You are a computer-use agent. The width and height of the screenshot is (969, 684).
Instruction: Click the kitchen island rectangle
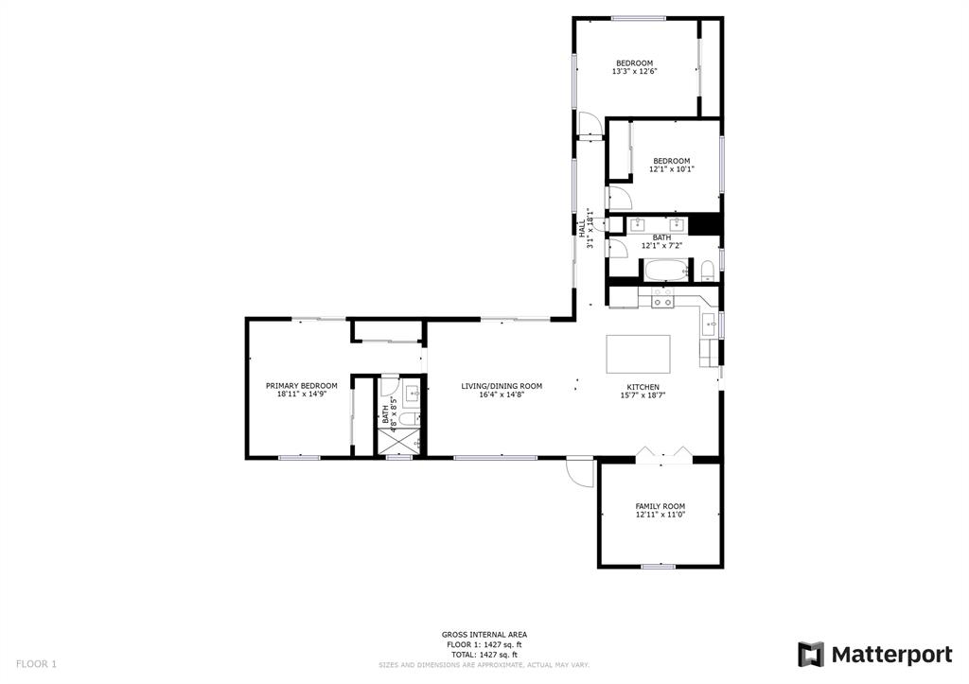coord(638,354)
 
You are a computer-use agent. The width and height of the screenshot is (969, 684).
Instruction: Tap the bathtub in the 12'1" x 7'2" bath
coord(667,270)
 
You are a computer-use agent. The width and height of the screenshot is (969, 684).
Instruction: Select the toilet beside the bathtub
coord(708,271)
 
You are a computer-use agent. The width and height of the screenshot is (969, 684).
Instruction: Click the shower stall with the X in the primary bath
coord(398,441)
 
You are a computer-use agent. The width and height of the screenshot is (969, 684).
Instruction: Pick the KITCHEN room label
coord(643,388)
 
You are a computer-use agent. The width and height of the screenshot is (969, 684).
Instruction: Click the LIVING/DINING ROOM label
coord(502,386)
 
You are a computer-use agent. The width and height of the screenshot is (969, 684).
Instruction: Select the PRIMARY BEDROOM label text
coord(302,386)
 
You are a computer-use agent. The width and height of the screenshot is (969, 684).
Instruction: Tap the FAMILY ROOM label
coord(660,507)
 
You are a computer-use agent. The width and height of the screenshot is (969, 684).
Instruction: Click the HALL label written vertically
coord(582,229)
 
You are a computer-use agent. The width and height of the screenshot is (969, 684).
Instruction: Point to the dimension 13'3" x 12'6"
coord(634,72)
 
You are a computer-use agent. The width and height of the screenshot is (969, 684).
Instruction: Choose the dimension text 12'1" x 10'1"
coord(671,168)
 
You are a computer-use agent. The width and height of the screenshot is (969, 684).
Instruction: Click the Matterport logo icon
coord(811,655)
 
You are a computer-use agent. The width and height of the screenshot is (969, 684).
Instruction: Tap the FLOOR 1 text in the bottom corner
coord(36,664)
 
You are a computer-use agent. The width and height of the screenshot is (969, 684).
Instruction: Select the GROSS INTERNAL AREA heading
coord(484,635)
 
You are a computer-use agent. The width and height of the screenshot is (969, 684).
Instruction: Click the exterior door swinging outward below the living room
coord(580,472)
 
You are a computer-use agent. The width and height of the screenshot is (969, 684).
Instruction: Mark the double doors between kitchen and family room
coord(663,455)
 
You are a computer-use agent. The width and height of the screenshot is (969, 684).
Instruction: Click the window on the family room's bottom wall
coord(659,566)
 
